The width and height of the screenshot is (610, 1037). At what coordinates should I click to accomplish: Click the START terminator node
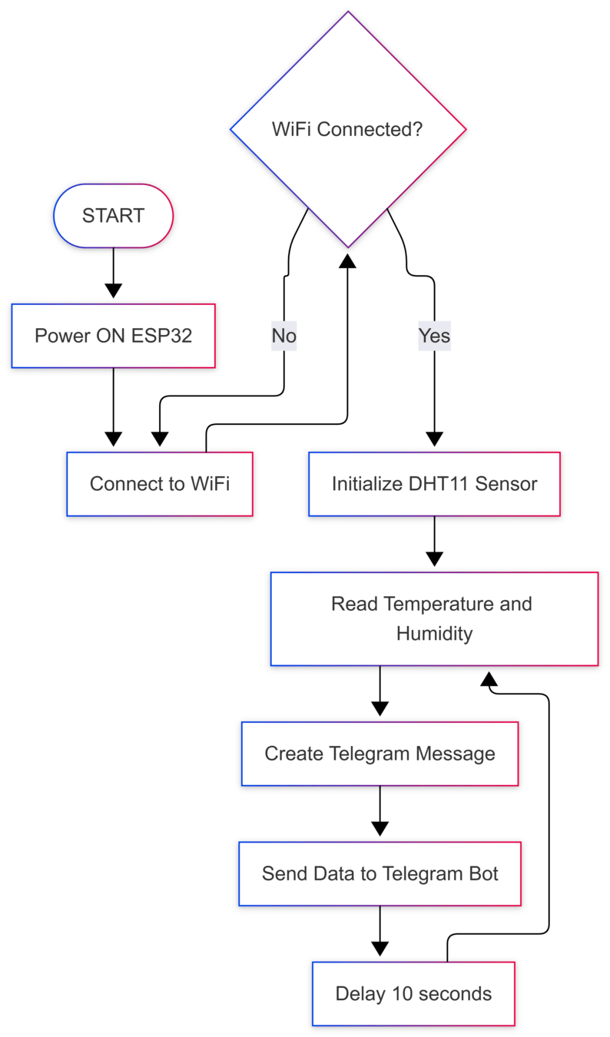click(113, 216)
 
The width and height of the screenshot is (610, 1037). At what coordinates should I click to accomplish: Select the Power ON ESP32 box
click(113, 336)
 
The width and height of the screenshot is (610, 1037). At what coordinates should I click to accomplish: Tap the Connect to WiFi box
click(160, 484)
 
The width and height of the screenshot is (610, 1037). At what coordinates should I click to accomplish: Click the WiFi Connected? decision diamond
click(348, 130)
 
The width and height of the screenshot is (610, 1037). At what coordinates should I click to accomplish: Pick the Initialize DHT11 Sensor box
click(434, 484)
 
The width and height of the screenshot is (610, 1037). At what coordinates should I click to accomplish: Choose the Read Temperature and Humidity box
click(434, 618)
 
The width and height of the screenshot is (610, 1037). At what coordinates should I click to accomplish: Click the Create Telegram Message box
click(380, 754)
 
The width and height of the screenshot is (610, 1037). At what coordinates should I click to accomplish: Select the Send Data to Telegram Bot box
click(380, 873)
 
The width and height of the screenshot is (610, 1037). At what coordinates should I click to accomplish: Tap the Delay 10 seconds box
click(413, 993)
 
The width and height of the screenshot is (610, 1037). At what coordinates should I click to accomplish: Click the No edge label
click(284, 336)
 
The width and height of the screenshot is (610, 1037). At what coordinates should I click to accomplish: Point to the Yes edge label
click(434, 336)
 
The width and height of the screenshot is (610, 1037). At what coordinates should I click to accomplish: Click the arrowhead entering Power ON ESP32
click(113, 291)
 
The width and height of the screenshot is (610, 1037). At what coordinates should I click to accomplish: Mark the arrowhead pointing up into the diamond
click(348, 260)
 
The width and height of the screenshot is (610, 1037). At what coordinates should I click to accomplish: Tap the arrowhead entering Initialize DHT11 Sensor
click(434, 439)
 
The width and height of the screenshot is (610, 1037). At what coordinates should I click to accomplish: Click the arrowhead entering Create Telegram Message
click(380, 709)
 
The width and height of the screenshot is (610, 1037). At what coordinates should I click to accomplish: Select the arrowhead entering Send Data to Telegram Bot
click(380, 829)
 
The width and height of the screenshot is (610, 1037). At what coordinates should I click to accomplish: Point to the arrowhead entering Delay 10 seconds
click(380, 949)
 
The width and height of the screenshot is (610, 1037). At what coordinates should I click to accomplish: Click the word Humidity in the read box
click(434, 634)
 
